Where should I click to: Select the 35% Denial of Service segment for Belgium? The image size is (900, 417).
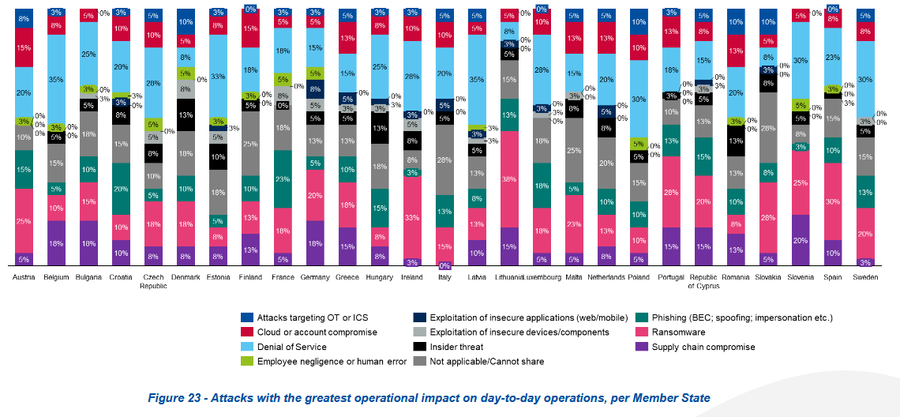(56, 79)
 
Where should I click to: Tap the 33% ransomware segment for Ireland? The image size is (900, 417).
(411, 217)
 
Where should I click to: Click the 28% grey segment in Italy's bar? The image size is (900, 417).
(444, 160)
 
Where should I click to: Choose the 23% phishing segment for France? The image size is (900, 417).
(283, 179)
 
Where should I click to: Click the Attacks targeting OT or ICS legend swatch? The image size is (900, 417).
(248, 317)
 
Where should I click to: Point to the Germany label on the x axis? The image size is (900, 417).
(315, 278)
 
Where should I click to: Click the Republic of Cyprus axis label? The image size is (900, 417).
(703, 282)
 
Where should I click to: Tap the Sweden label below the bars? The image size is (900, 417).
(866, 278)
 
